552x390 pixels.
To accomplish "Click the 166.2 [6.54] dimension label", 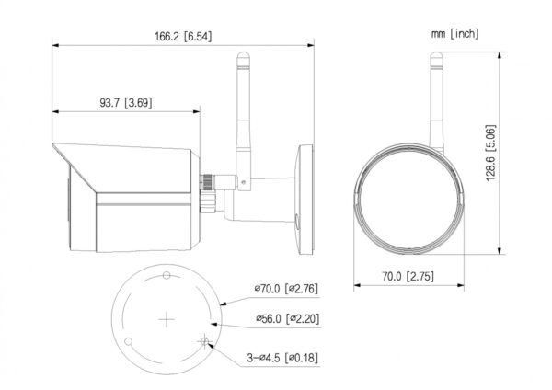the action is pyautogui.click(x=183, y=36).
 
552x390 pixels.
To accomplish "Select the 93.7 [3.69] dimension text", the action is pyautogui.click(x=126, y=103).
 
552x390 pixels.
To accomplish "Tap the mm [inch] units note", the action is pyautogui.click(x=455, y=34).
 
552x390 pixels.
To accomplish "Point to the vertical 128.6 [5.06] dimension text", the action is pyautogui.click(x=490, y=153).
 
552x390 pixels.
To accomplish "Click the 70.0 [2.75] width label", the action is pyautogui.click(x=408, y=276).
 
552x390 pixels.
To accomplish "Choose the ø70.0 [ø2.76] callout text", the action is pyautogui.click(x=286, y=289).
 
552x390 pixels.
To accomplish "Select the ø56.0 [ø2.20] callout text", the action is pyautogui.click(x=288, y=319).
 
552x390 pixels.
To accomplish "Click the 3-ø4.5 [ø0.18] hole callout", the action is pyautogui.click(x=282, y=358).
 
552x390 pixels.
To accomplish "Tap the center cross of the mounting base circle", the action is pyautogui.click(x=167, y=319).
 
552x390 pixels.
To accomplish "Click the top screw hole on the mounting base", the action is pyautogui.click(x=167, y=275).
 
